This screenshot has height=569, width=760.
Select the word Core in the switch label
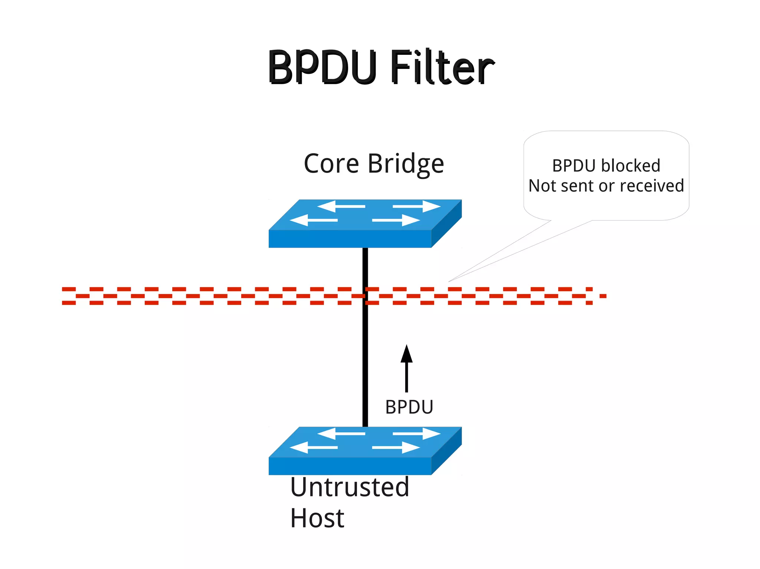pyautogui.click(x=331, y=164)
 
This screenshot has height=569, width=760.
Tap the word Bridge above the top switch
pyautogui.click(x=406, y=164)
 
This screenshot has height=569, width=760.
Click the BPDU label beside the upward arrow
pyautogui.click(x=409, y=407)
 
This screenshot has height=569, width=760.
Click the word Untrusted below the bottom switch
pyautogui.click(x=350, y=487)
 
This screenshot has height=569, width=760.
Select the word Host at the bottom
pyautogui.click(x=317, y=518)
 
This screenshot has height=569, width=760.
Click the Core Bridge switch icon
pyautogui.click(x=365, y=224)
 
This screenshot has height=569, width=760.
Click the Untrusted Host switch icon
pyautogui.click(x=365, y=451)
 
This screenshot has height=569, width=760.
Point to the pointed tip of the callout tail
pyautogui.click(x=449, y=282)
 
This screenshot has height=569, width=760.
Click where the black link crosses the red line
pyautogui.click(x=365, y=296)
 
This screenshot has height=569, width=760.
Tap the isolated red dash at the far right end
pyautogui.click(x=603, y=296)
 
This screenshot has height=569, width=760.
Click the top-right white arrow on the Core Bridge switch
pyautogui.click(x=417, y=206)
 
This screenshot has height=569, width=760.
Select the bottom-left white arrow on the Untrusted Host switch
pyautogui.click(x=313, y=447)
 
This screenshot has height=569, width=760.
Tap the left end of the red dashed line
pyautogui.click(x=69, y=296)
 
